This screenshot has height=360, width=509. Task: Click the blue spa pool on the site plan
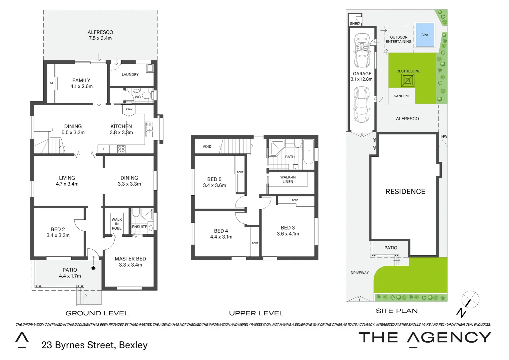425,35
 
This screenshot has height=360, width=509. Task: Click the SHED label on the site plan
355,24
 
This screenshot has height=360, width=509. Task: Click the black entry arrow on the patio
93,267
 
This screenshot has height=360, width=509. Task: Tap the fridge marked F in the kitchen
104,149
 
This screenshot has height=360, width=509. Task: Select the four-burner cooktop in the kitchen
121,149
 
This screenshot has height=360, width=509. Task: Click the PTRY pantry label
129,109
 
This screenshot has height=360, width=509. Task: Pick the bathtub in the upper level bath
308,152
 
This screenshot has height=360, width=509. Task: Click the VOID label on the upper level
207,146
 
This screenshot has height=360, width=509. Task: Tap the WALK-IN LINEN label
288,179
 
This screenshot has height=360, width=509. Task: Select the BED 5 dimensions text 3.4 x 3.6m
214,185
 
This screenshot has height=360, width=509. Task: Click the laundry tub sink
150,68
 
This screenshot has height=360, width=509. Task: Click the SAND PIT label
402,96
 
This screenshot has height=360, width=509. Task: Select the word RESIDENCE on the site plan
405,191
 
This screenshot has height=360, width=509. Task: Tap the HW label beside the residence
444,136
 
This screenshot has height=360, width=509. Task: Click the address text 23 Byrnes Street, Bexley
94,345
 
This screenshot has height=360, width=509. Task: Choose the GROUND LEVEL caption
97,313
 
